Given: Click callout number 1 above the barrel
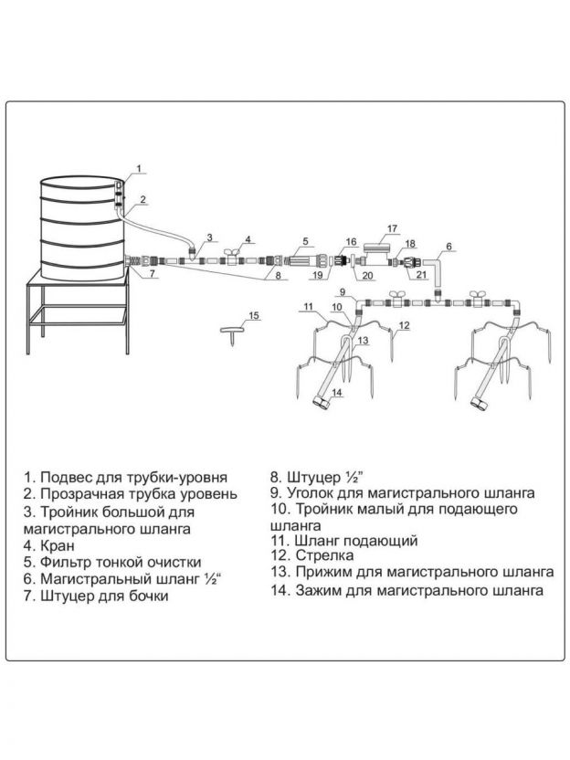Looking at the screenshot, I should (x=139, y=167).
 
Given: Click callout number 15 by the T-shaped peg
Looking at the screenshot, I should (x=254, y=316).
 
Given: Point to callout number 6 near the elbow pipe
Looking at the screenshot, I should (x=449, y=247).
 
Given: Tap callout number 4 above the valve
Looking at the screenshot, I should (x=248, y=239).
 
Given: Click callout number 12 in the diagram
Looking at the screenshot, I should (x=403, y=324).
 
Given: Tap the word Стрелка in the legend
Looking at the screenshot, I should (x=324, y=555).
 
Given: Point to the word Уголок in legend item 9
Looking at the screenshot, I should (x=310, y=492).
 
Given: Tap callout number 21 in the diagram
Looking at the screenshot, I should (x=421, y=273).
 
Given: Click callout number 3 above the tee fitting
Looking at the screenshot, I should (x=209, y=237).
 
